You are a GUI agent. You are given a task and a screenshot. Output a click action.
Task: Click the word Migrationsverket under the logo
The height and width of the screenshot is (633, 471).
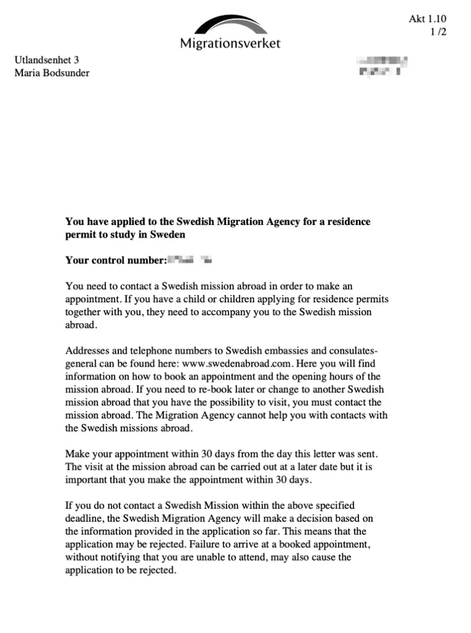[x=230, y=44]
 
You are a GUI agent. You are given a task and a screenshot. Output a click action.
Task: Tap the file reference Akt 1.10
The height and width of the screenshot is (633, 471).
[x=432, y=20]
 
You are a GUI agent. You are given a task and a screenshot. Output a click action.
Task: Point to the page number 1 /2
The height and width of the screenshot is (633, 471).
[x=439, y=32]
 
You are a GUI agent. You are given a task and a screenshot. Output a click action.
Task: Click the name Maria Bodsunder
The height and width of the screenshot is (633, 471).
[x=52, y=73]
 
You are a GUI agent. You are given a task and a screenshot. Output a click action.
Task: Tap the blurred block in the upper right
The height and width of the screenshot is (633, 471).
[x=383, y=67]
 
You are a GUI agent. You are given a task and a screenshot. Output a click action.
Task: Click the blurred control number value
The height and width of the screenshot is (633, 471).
[x=189, y=260]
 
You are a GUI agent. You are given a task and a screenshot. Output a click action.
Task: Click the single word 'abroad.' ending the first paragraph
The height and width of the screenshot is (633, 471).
[x=81, y=325]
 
